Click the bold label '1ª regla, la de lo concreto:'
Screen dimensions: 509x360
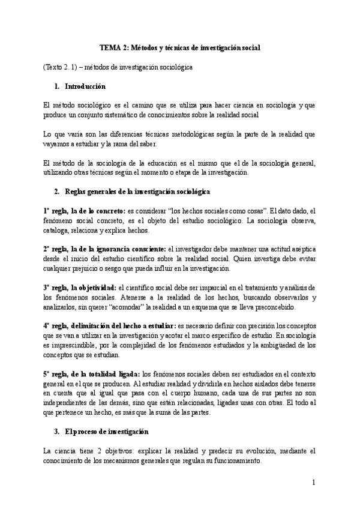click(83, 211)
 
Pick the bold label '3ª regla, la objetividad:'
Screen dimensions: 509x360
click(80, 288)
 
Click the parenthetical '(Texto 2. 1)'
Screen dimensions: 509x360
click(62, 67)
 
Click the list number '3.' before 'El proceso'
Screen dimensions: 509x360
click(57, 431)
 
